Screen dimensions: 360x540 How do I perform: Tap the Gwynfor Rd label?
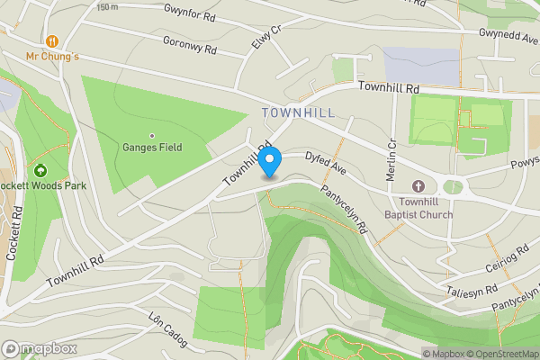click(189, 12)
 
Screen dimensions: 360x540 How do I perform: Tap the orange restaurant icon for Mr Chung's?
click(52, 41)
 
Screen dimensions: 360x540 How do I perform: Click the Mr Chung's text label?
click(52, 57)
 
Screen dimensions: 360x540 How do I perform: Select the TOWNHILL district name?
click(299, 112)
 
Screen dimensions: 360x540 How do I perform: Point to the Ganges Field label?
click(152, 148)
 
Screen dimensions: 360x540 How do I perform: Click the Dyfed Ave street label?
click(325, 161)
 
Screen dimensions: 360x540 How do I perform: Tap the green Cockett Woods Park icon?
click(40, 170)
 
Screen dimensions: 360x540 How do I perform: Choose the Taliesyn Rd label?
click(472, 292)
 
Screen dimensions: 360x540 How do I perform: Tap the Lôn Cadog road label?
click(167, 325)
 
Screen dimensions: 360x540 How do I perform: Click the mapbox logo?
click(40, 348)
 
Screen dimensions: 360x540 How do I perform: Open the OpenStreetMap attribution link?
click(500, 354)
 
